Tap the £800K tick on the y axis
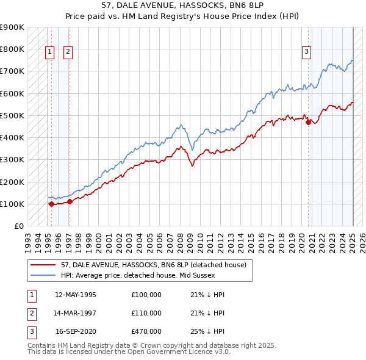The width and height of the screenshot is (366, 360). tap(12, 49)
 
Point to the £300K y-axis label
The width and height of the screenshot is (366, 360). tap(12, 160)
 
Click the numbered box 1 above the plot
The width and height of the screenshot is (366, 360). tap(49, 52)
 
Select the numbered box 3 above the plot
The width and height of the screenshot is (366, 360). tap(306, 52)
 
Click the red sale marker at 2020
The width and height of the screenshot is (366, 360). tap(308, 122)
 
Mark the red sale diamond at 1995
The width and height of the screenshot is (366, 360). tap(51, 204)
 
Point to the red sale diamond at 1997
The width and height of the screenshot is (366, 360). tap(70, 201)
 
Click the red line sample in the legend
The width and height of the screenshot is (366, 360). tap(45, 265)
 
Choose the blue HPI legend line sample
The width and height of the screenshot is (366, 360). tap(45, 275)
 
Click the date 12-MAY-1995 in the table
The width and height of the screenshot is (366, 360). tap(76, 295)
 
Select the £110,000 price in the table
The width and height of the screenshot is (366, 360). tap(146, 313)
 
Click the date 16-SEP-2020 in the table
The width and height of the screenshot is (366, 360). tap(76, 331)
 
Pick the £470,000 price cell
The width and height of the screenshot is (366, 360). tap(146, 331)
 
